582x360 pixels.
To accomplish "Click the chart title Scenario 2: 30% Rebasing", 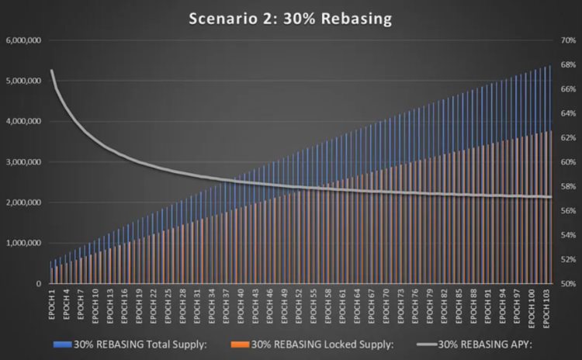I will (290, 17).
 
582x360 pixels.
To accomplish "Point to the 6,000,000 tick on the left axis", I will (23, 40).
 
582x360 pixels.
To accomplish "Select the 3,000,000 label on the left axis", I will (23, 162).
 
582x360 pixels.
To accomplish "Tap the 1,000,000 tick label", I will (23, 243).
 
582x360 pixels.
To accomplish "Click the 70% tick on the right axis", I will (562, 40).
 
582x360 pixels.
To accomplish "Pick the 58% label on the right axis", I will (562, 187).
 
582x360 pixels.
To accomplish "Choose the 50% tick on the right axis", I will (562, 284).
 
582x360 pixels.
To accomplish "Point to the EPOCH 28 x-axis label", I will (183, 305).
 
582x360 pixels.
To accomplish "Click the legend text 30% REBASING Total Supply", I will (140, 344).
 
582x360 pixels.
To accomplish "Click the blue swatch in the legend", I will (62, 344).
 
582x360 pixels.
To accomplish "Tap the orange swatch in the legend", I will (239, 344).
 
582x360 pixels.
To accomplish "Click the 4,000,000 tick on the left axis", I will (23, 122).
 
